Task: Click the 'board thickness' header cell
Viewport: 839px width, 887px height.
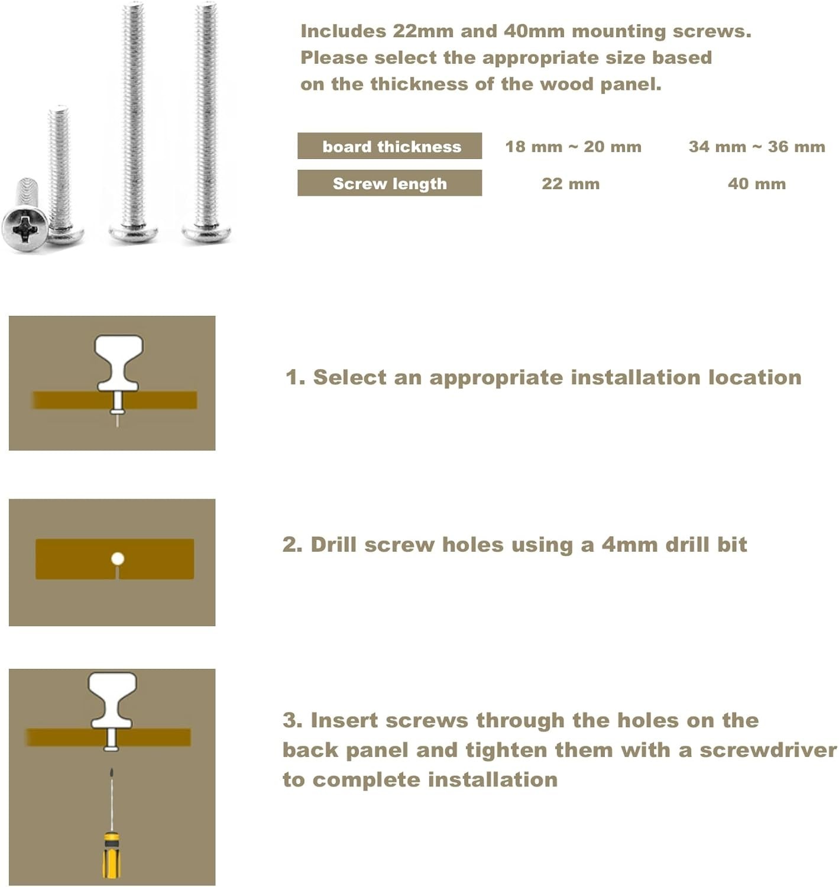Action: tap(389, 145)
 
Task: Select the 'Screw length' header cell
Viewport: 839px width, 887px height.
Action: tap(389, 183)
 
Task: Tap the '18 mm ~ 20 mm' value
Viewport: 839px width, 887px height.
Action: tap(573, 147)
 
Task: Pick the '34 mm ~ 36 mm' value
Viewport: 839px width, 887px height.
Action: tap(756, 147)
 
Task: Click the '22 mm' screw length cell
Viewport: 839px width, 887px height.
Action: tap(571, 184)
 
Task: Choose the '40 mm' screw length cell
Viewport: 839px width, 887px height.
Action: tap(756, 184)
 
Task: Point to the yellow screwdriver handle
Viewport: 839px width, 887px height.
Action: tap(111, 856)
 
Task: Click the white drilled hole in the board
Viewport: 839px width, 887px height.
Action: tap(118, 559)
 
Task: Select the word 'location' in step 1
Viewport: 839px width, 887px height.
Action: tap(754, 377)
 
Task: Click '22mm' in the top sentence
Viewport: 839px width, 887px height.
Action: tap(423, 31)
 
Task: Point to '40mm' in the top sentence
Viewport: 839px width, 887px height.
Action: tap(534, 31)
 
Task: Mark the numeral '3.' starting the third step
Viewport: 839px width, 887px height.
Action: tap(293, 720)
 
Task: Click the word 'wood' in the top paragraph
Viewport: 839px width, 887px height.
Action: tap(566, 85)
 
